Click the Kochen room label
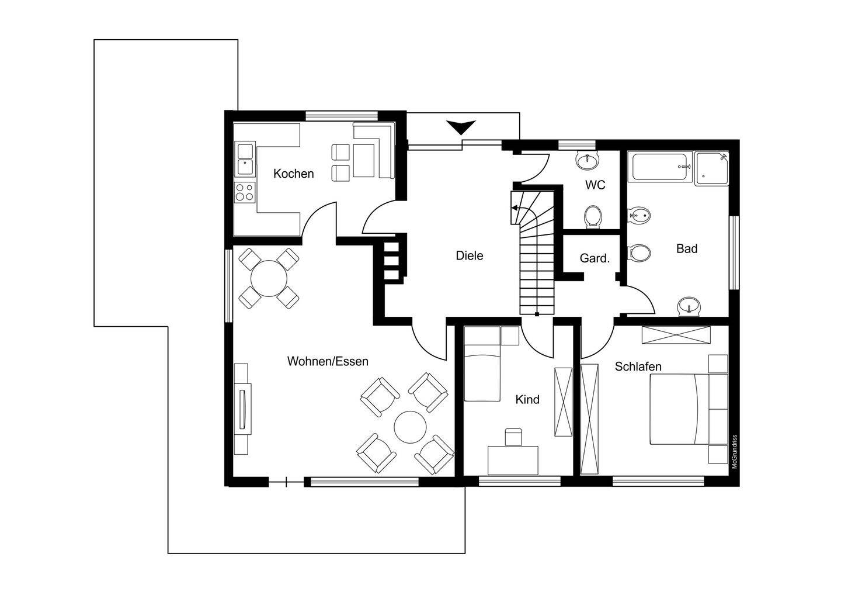(x=294, y=174)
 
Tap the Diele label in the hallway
(x=470, y=255)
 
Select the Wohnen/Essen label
(x=328, y=361)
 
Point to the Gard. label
(x=595, y=258)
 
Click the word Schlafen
(x=638, y=366)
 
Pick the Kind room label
(x=527, y=399)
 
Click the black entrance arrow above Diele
(x=461, y=127)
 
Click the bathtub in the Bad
(x=661, y=167)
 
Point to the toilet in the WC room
(x=593, y=217)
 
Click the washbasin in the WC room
(x=587, y=160)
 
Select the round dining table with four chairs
(x=269, y=278)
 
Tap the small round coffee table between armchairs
(x=411, y=427)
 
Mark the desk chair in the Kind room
(x=513, y=437)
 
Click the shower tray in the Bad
(x=712, y=169)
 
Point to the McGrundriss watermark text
(x=735, y=451)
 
